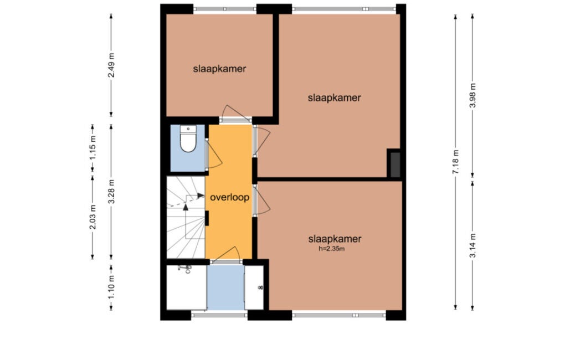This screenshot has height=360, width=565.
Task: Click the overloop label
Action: (229, 198)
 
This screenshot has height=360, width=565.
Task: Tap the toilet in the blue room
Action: (188, 138)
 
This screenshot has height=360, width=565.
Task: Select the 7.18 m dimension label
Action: (456, 162)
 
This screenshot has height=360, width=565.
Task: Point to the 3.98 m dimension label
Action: (473, 95)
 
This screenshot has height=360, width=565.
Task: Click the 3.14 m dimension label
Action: (473, 246)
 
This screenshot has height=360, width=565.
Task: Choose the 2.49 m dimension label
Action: (111, 65)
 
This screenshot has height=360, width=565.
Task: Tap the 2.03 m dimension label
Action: (93, 217)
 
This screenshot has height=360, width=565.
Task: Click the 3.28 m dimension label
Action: (111, 191)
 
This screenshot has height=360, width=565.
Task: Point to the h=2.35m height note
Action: (331, 249)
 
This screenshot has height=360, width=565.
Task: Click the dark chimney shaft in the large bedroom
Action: (395, 164)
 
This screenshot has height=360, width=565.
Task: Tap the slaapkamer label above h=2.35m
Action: (335, 239)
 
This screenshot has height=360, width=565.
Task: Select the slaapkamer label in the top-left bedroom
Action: (219, 69)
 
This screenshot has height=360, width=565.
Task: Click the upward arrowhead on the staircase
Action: (186, 207)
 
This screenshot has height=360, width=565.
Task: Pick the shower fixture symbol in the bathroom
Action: (186, 269)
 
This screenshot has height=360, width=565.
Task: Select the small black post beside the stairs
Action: (207, 218)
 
